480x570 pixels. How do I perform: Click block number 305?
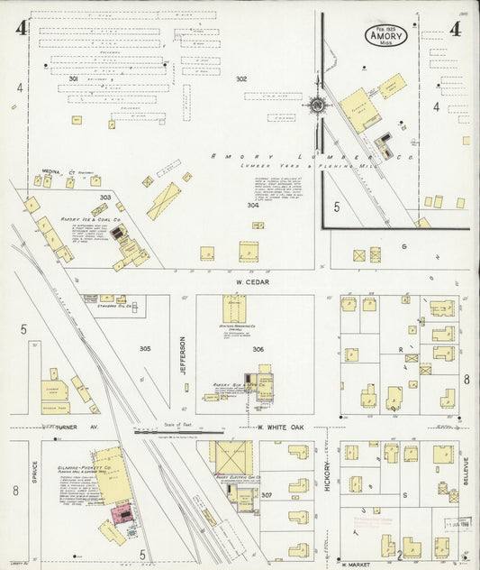point(145,348)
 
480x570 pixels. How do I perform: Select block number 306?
point(258,348)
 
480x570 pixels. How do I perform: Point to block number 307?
point(267,495)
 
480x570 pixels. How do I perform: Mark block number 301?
point(74,79)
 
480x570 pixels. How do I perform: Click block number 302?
point(241,79)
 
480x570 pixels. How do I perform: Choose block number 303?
point(105,197)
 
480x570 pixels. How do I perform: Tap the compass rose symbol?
point(318,106)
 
